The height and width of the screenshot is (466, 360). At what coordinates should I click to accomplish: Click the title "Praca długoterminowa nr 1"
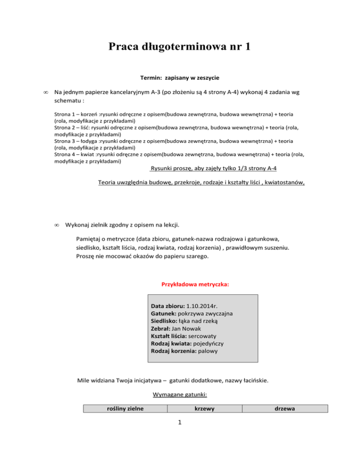point(180,47)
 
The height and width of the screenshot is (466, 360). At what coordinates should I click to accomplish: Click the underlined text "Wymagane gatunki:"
point(180,395)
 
